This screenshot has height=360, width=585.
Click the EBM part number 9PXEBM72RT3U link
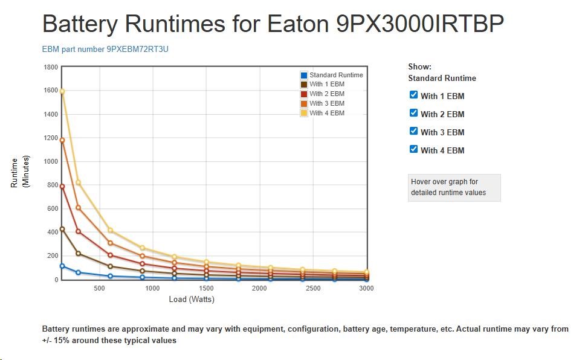[x=105, y=49]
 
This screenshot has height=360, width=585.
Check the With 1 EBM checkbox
[x=414, y=95]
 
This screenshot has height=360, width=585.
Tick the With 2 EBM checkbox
[x=414, y=113]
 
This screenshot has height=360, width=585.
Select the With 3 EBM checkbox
[x=414, y=131]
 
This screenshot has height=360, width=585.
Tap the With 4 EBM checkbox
[x=414, y=149]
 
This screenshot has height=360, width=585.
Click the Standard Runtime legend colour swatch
[x=304, y=75]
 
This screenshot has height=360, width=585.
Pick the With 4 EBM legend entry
[x=326, y=113]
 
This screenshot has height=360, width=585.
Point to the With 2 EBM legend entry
[x=326, y=94]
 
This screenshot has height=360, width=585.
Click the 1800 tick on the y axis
[x=51, y=67]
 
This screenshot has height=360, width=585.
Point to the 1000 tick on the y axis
[x=51, y=162]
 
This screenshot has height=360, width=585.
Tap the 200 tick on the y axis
[x=52, y=256]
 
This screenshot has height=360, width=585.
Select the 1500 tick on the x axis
[x=205, y=289]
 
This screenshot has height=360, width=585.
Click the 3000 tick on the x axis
[x=366, y=289]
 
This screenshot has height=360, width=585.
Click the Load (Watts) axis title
[x=192, y=300]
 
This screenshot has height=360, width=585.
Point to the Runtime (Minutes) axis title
[x=20, y=172]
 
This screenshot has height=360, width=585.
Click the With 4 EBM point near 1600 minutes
[x=62, y=91]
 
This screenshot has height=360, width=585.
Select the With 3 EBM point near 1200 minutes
[x=62, y=140]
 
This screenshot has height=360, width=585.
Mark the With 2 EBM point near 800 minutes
[x=62, y=186]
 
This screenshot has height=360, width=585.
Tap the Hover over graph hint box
[x=454, y=187]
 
